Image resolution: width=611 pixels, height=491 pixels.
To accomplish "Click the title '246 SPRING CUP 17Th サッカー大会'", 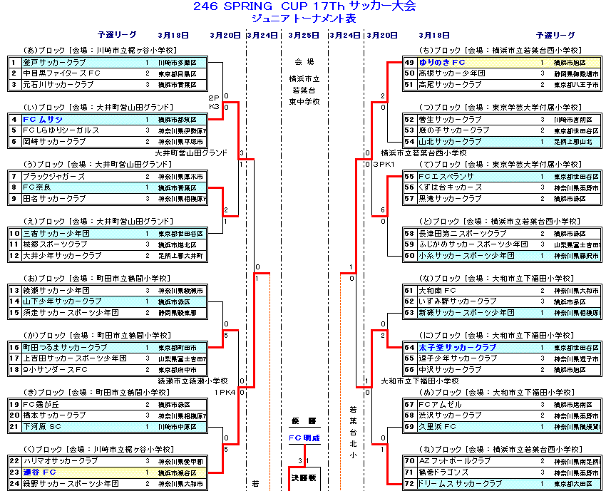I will (304, 6).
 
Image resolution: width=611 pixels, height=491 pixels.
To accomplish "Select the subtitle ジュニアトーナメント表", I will (304, 19).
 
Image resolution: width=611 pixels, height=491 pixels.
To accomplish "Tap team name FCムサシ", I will (43, 119).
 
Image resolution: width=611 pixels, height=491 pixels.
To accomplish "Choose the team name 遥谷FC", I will (39, 472).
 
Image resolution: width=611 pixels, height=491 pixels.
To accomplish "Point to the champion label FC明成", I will (304, 438).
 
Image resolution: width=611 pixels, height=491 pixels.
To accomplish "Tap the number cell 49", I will (409, 63).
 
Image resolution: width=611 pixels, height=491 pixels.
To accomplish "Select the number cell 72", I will (409, 483).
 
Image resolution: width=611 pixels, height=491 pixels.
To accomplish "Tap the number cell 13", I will (14, 290).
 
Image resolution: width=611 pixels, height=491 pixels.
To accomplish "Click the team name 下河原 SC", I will (42, 426).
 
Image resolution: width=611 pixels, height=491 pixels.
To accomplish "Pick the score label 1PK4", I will (224, 392).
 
